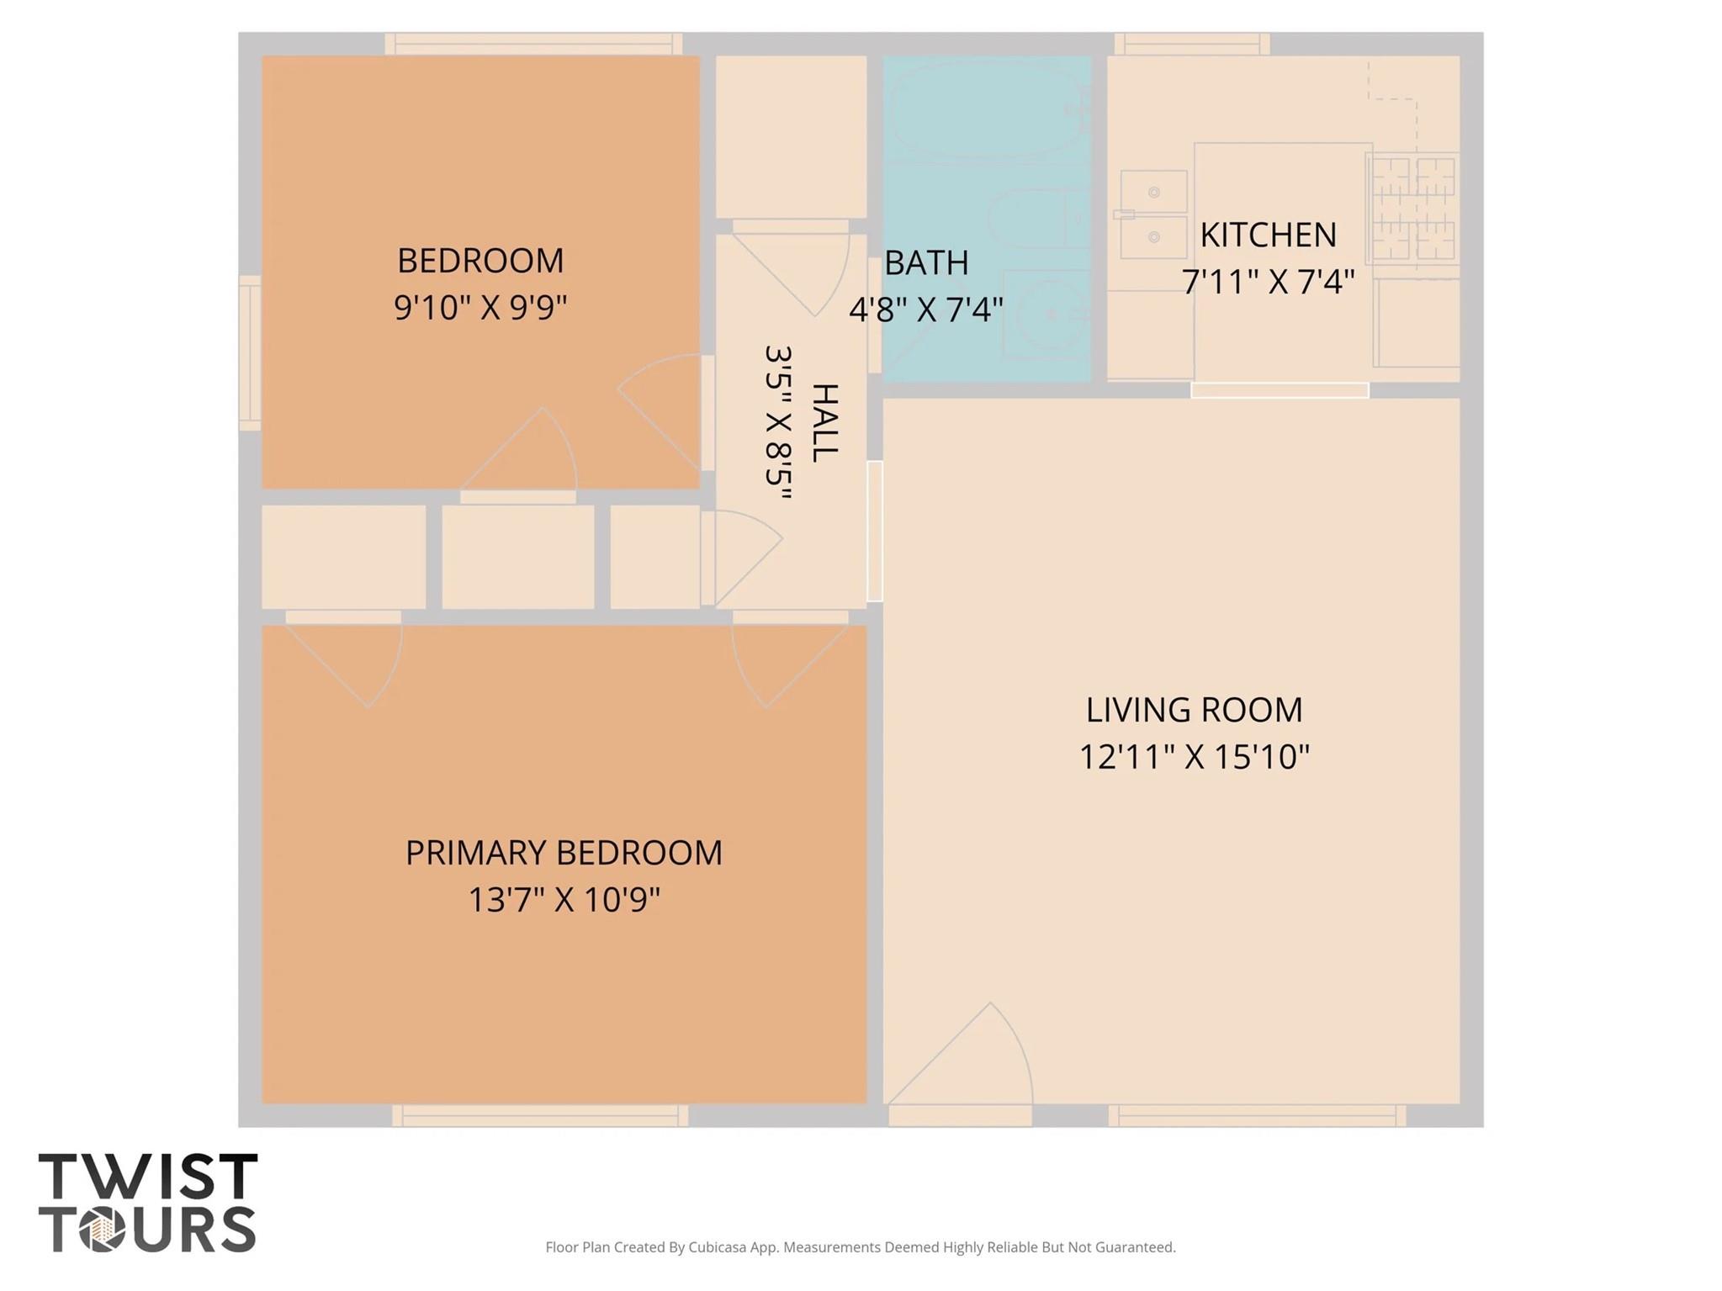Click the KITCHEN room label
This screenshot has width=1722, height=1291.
pos(1267,235)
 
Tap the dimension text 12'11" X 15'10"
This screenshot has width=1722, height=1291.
pos(1194,757)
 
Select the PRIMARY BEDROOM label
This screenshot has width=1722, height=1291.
pos(564,853)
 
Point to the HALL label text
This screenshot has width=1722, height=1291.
pos(824,422)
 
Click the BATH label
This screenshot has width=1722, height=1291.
pos(925,263)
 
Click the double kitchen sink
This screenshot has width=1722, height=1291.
pos(1153,214)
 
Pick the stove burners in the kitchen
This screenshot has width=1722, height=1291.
pos(1412,209)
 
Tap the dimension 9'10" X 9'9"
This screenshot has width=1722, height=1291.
pos(480,308)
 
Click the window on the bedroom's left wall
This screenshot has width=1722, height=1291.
pos(249,353)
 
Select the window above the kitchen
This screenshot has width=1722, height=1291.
pos(1191,43)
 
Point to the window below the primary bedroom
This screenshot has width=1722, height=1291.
pos(539,1116)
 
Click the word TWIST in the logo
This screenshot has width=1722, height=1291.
pos(148,1177)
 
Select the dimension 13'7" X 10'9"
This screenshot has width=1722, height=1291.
pos(564,901)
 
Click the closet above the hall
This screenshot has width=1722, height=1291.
pos(790,136)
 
